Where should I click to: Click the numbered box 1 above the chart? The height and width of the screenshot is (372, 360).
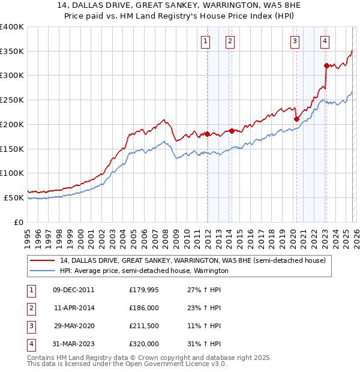click(x=206, y=41)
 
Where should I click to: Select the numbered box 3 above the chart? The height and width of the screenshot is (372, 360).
click(x=295, y=41)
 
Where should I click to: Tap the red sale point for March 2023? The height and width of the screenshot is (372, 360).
click(x=326, y=65)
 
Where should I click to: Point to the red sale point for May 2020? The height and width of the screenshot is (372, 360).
click(x=296, y=119)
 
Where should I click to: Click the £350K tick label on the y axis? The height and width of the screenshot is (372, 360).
click(x=12, y=52)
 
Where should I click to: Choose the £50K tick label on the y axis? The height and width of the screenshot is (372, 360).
click(x=14, y=197)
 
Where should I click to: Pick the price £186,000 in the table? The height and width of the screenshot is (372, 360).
click(x=144, y=308)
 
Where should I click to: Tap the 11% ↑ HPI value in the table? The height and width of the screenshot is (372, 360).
click(x=204, y=326)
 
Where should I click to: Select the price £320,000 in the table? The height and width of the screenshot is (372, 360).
click(x=144, y=344)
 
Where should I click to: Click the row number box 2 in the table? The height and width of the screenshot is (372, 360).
click(x=31, y=308)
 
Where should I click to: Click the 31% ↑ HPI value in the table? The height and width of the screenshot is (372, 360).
click(x=204, y=344)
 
